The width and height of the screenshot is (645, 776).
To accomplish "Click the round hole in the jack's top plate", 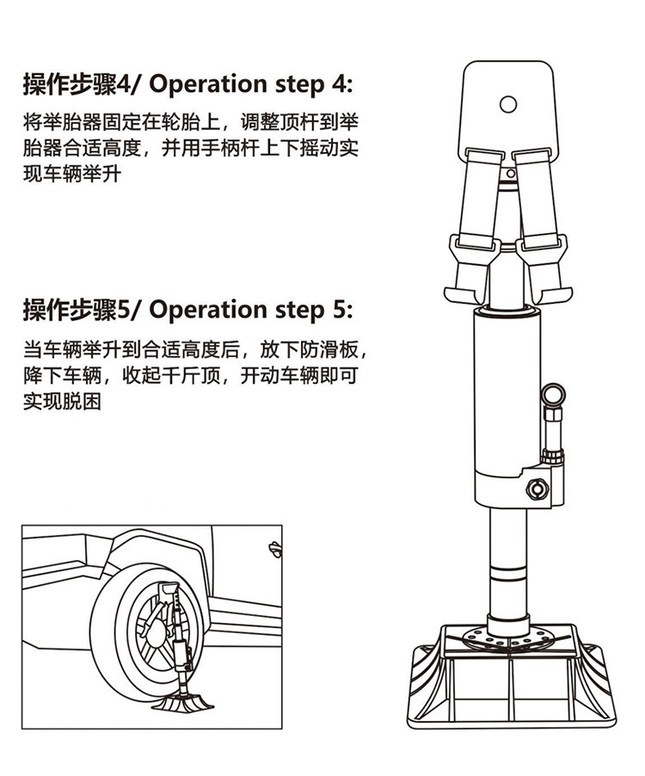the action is [507, 104].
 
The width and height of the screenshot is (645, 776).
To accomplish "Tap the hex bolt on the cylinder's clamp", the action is [538, 490].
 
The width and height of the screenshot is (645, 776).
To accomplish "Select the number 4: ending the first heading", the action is [341, 84].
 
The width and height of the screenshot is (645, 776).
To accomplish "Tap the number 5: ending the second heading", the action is [341, 310].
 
